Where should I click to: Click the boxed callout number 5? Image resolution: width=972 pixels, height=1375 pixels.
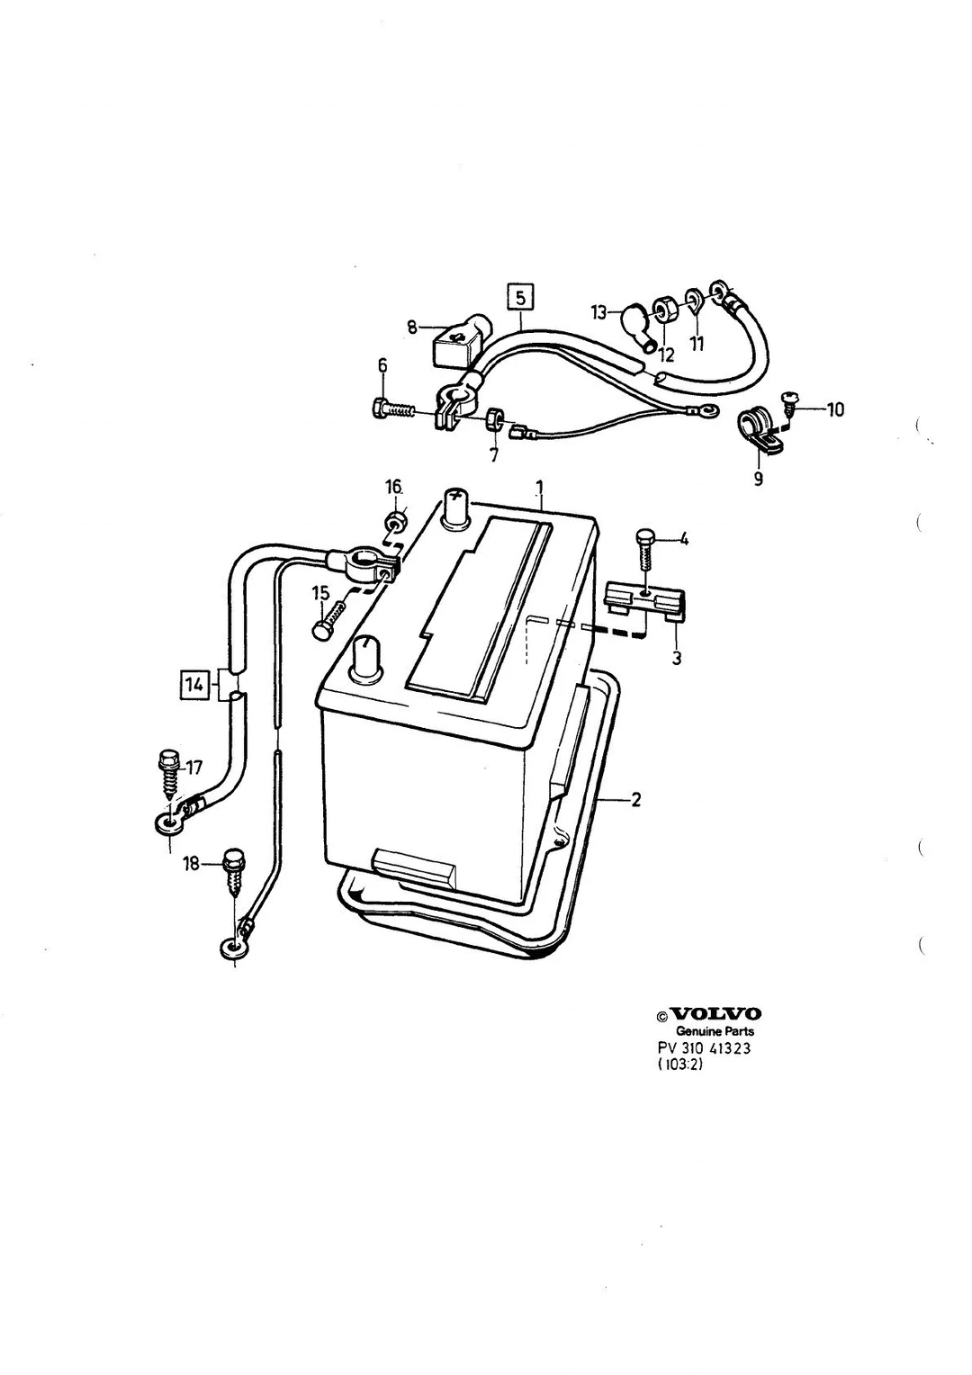(x=520, y=299)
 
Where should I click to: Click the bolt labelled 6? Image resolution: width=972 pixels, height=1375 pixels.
(x=395, y=409)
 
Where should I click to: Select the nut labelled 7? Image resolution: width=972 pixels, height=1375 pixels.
(x=494, y=419)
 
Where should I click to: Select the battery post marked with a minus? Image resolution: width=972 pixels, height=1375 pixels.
(x=365, y=659)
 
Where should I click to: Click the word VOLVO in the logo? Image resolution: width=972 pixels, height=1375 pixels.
(x=715, y=1014)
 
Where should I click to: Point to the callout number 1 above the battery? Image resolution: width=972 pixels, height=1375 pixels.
(x=540, y=488)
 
